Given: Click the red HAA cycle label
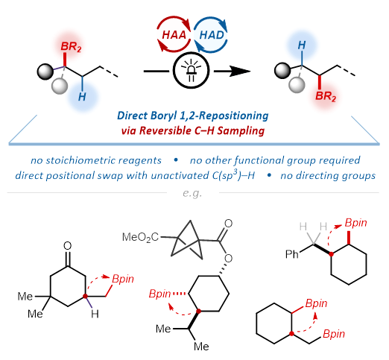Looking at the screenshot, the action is (174, 35).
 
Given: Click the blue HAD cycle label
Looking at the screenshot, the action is (212, 35).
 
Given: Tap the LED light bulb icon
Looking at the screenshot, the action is (191, 70).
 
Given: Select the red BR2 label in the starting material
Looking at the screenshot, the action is (71, 46).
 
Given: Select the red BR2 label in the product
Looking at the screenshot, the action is (326, 96).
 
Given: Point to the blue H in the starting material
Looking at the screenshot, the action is (82, 97).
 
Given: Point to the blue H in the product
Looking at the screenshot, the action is (302, 45).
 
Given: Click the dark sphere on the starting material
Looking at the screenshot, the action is (45, 72).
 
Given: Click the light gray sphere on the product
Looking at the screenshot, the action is (297, 84).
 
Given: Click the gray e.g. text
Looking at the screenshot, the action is (192, 193).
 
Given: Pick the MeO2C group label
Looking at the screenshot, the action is (140, 237).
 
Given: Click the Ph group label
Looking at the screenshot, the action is (292, 254).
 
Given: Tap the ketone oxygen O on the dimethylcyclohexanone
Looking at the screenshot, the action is (67, 246).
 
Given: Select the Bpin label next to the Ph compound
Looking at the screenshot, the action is (355, 224).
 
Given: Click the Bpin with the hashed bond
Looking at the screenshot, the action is (159, 294).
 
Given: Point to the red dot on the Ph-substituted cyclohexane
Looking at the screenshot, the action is (331, 254).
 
